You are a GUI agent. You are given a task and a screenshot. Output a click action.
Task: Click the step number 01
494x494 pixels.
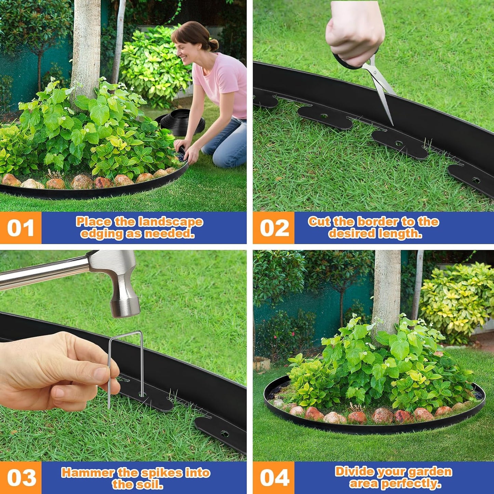pos(21,228)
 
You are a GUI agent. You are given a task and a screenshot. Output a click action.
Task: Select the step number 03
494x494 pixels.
pos(21,478)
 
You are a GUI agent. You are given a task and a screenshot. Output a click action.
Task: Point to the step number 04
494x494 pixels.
pos(274,478)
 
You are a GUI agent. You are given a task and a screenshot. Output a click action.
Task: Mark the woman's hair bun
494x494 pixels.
pos(213,45)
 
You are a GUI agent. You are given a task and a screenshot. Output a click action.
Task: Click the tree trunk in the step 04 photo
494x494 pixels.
pos(386,291)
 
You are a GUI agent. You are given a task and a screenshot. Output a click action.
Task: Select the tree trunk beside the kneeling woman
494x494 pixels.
pos(85,48)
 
